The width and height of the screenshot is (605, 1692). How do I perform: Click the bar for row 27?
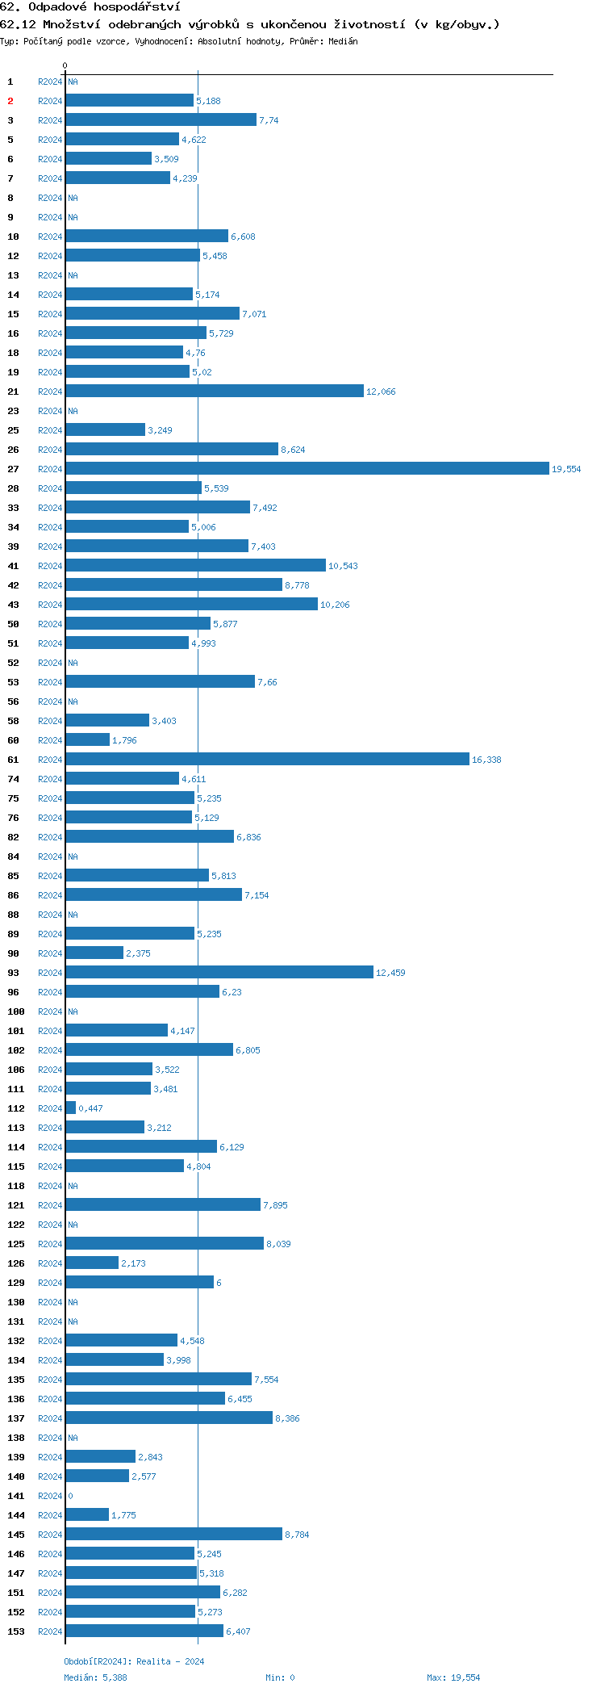[307, 468]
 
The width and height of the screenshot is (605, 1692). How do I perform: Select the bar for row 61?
[267, 759]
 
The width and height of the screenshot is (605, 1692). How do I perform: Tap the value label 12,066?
[381, 392]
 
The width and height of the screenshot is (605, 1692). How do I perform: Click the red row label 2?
[10, 101]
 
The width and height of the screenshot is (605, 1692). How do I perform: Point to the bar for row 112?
[71, 1108]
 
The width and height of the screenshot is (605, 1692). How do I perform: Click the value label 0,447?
[90, 1108]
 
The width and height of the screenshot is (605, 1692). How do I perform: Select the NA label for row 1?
[73, 82]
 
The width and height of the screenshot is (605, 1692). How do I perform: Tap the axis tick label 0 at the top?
[65, 65]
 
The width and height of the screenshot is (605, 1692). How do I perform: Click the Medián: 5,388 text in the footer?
[95, 1677]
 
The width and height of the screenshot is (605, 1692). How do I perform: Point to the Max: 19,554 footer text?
[453, 1677]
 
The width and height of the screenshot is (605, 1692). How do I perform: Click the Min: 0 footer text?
[280, 1677]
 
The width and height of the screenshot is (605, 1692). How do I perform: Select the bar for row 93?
[219, 972]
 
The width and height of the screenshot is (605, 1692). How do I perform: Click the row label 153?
[16, 1631]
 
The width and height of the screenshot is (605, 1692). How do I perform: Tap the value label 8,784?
[297, 1535]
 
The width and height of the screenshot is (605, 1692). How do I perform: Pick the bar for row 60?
[87, 739]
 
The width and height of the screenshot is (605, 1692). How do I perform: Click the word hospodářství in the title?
[136, 7]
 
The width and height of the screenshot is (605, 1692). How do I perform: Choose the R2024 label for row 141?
[50, 1496]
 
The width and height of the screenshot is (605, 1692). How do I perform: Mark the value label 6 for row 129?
[219, 1283]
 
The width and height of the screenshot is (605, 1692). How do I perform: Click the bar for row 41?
[195, 565]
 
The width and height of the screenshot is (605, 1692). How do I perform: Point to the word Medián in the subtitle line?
[344, 41]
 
